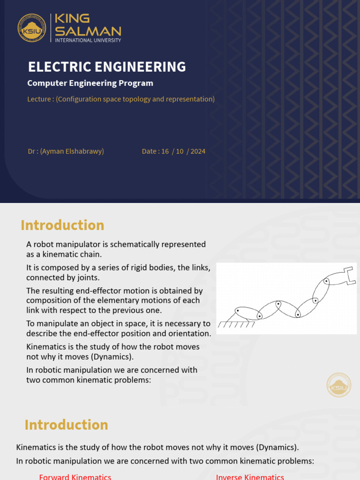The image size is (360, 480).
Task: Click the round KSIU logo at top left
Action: click(32, 28)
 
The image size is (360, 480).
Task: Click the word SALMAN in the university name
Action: click(88, 31)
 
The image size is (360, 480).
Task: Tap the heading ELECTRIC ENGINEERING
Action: click(107, 67)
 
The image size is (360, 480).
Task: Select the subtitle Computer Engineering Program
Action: click(90, 83)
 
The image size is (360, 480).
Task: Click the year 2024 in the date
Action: click(198, 151)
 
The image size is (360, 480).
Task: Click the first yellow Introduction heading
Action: click(62, 225)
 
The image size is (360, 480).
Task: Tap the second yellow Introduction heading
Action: click(66, 425)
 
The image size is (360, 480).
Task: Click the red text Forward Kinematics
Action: click(75, 477)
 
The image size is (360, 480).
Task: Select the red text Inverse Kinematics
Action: click(250, 477)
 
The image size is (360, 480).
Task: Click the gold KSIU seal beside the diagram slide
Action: click(338, 385)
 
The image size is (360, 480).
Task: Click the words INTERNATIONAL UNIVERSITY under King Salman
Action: click(88, 40)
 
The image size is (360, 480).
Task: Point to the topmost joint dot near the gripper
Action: click(326, 281)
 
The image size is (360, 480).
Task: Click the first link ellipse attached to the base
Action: click(246, 313)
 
